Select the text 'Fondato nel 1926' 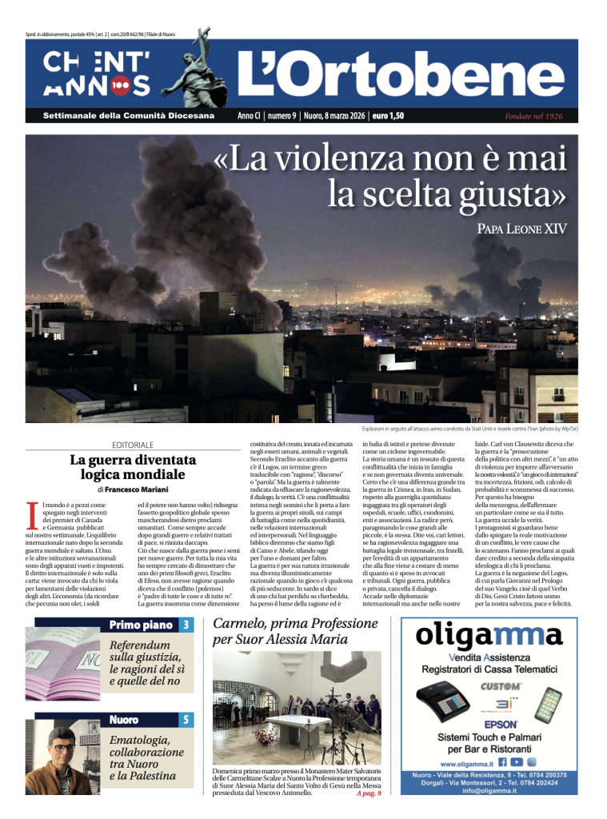click(x=533, y=117)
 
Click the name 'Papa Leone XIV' click(x=521, y=230)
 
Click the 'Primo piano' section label click(x=143, y=625)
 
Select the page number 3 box click(x=186, y=625)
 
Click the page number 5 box click(x=186, y=720)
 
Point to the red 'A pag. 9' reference click(x=367, y=793)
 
